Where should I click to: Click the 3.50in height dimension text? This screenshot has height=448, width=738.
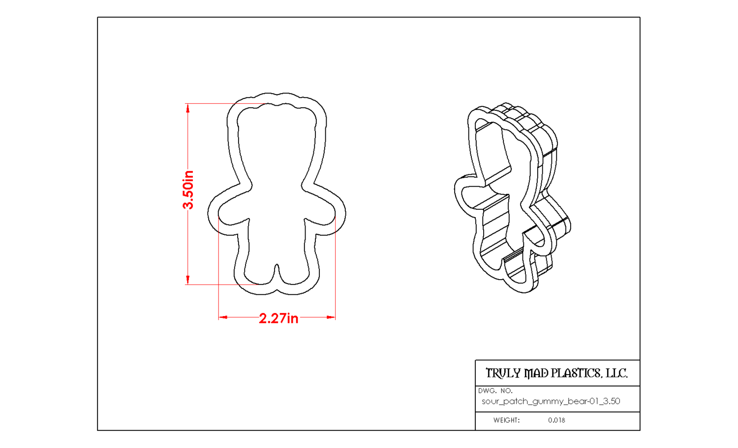tap(188, 190)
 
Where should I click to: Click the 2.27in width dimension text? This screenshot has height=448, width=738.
tap(278, 319)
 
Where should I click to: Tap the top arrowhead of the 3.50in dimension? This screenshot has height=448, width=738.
tap(188, 108)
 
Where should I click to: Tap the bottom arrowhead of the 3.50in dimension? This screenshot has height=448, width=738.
tap(188, 280)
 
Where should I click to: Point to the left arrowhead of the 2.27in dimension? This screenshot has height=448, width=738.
tap(223, 318)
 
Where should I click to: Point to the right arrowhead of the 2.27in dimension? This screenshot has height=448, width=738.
tap(331, 318)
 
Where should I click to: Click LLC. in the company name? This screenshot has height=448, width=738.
tap(617, 373)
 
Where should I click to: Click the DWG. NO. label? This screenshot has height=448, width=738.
tap(495, 391)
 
